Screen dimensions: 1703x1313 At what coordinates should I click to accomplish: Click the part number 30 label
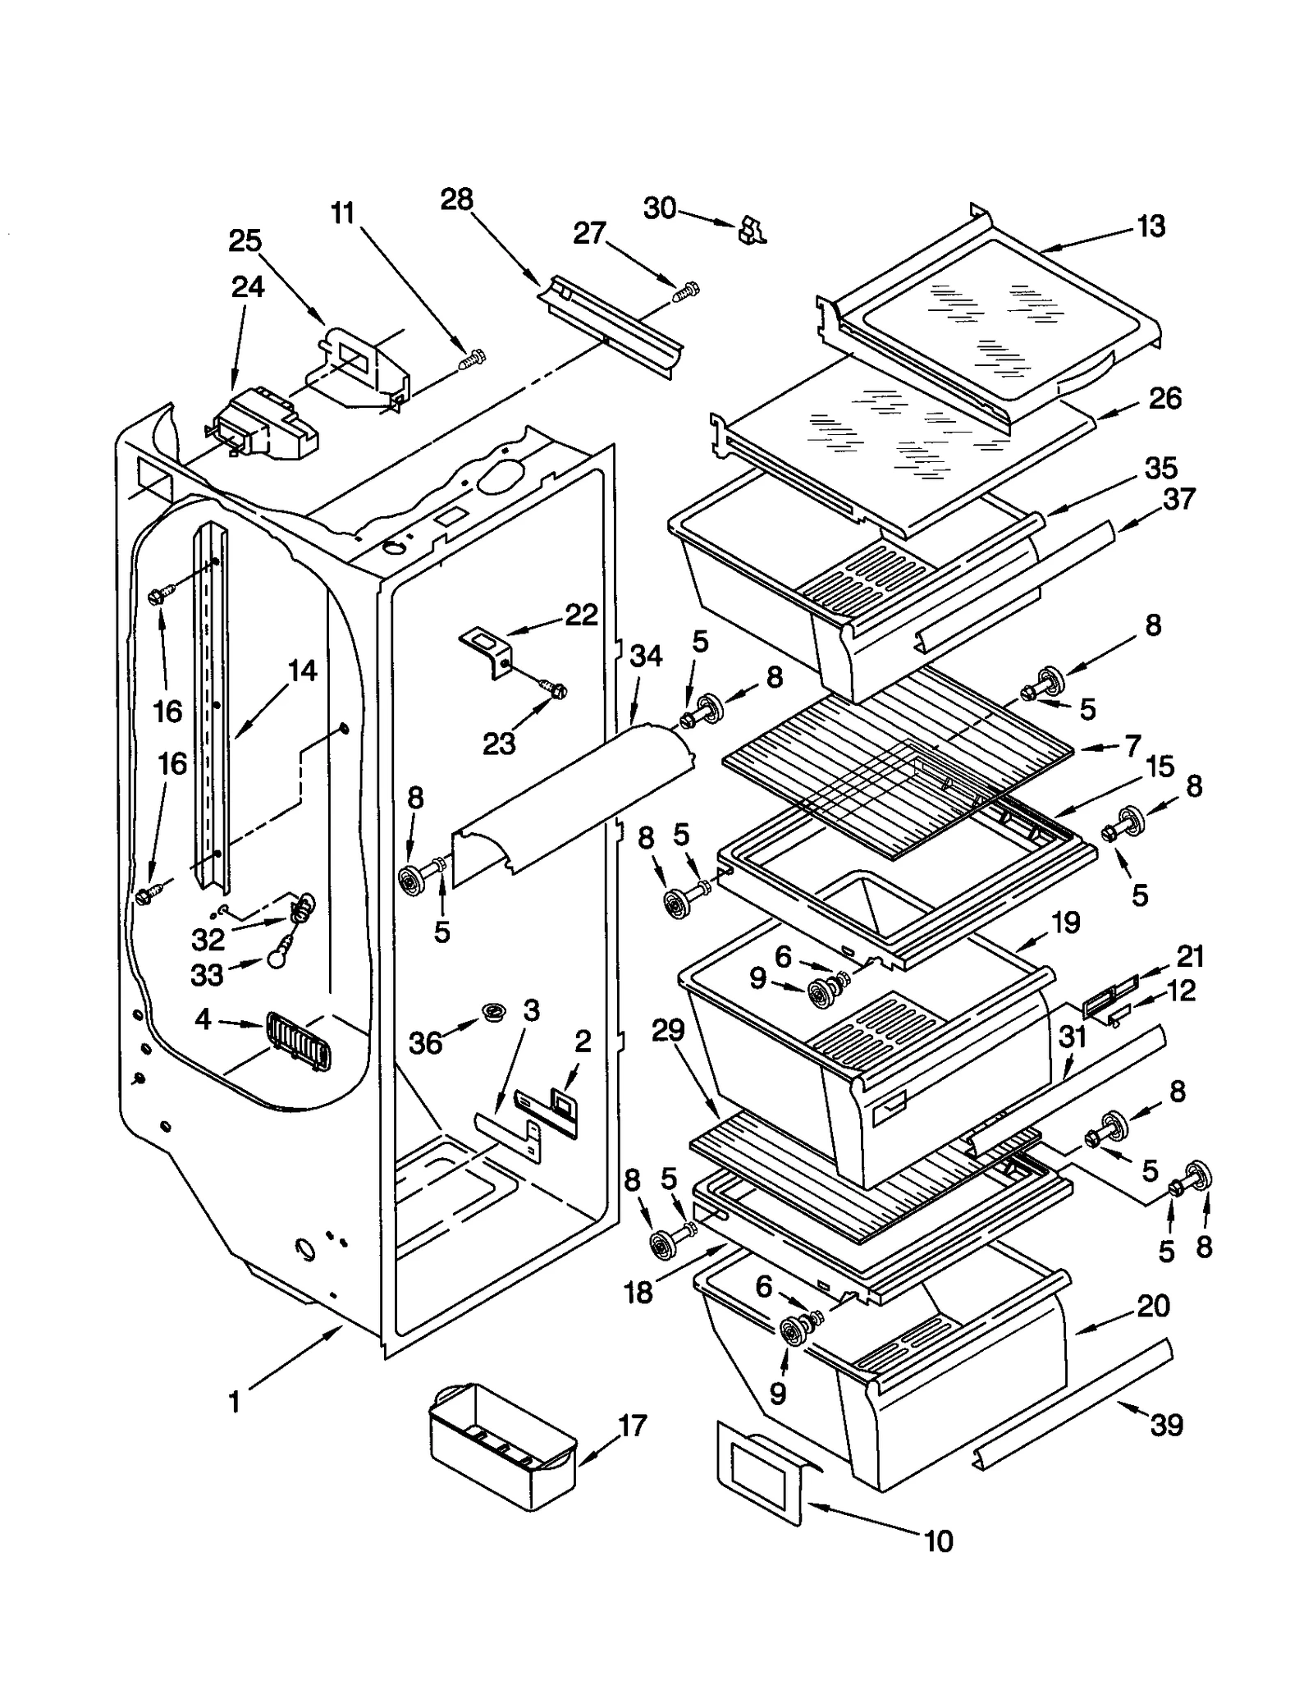659,208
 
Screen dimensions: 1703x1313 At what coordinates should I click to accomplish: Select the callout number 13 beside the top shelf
1151,227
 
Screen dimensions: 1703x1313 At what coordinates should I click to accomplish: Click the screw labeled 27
686,292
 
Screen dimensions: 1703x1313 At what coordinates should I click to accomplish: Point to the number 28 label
456,199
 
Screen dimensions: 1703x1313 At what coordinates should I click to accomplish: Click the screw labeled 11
472,359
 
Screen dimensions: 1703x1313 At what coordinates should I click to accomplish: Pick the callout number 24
248,287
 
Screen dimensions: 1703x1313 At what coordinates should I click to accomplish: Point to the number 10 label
938,1541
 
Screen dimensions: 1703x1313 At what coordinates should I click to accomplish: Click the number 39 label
1166,1425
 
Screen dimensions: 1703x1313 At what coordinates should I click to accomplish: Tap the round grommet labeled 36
493,1011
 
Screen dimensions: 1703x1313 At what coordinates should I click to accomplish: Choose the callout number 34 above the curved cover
645,656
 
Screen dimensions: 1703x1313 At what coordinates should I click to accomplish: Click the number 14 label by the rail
301,671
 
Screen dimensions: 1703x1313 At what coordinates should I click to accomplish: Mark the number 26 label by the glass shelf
1164,399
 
